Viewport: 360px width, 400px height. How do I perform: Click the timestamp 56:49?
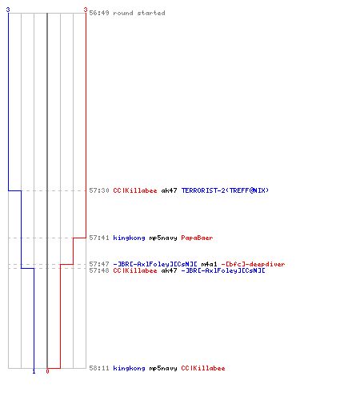(99, 13)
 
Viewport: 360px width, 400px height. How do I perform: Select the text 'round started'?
(139, 13)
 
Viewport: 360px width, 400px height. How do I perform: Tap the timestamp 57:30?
(99, 190)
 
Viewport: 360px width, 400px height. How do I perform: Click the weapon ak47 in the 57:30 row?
(169, 190)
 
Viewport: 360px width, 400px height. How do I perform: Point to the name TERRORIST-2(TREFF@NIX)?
(225, 190)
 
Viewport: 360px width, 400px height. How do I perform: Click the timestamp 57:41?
(99, 238)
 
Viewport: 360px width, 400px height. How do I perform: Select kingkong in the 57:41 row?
(129, 238)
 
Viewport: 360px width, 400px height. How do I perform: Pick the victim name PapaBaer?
(197, 238)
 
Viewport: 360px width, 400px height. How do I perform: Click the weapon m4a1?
(209, 264)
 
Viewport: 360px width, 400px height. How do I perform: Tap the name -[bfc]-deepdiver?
(253, 264)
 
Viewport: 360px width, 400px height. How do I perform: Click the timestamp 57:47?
(99, 264)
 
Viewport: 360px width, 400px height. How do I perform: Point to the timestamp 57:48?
(99, 270)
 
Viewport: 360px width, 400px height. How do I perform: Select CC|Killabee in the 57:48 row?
(135, 270)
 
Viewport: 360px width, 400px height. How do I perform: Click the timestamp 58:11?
(99, 368)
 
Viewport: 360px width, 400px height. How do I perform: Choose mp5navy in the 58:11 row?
(163, 368)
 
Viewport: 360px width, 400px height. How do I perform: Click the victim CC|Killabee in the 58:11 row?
(203, 368)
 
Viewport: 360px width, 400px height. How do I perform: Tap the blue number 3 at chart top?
(8, 10)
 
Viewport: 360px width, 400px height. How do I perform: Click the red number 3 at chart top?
(86, 10)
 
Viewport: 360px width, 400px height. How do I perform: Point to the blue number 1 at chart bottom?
(34, 372)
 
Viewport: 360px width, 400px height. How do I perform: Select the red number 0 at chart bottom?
(47, 371)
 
